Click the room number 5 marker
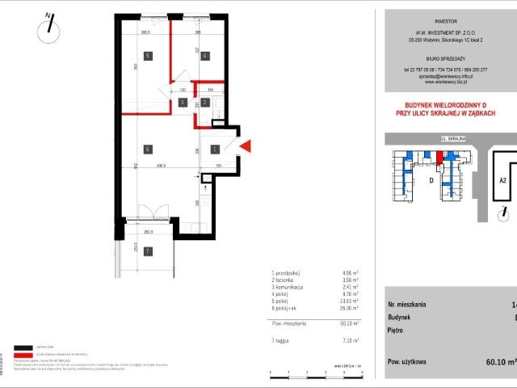pos(148,56)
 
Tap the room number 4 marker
pos(205,56)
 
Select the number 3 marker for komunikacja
pos(183,103)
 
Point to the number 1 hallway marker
pos(214,149)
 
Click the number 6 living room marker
pos(148,149)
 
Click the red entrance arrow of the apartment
pos(247,146)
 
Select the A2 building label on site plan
pos(502,181)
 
